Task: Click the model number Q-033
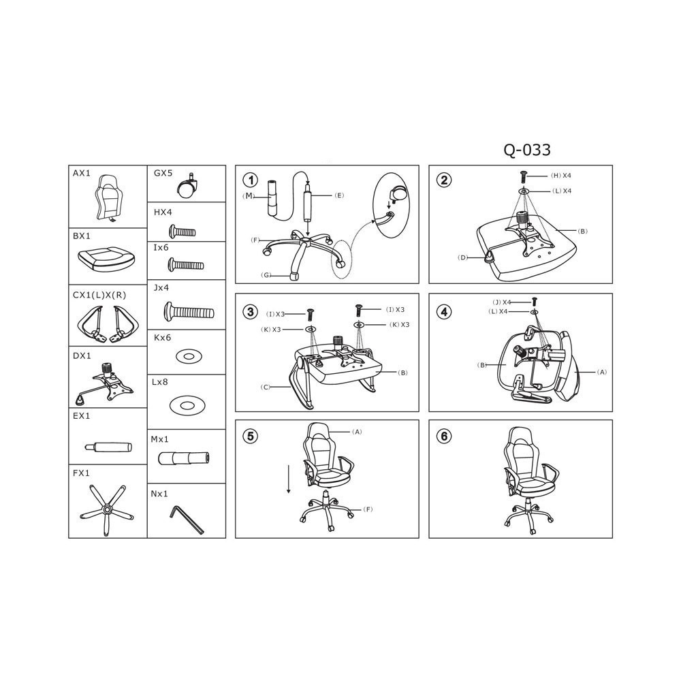[x=527, y=150]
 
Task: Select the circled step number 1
[x=251, y=180]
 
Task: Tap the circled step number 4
[x=444, y=312]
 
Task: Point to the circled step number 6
[x=444, y=436]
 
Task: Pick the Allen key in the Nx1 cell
[x=187, y=519]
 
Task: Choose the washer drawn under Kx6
[x=189, y=357]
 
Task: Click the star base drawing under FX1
[x=107, y=509]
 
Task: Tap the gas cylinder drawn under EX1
[x=108, y=447]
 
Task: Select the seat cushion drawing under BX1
[x=106, y=259]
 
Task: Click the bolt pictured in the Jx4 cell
[x=189, y=311]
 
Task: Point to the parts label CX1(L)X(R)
[x=99, y=296]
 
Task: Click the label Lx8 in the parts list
[x=160, y=382]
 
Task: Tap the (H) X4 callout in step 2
[x=561, y=176]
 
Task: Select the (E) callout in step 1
[x=339, y=195]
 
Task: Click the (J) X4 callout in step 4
[x=502, y=302]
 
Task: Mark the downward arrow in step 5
[x=288, y=479]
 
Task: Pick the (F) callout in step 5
[x=368, y=509]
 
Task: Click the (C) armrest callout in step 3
[x=266, y=387]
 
